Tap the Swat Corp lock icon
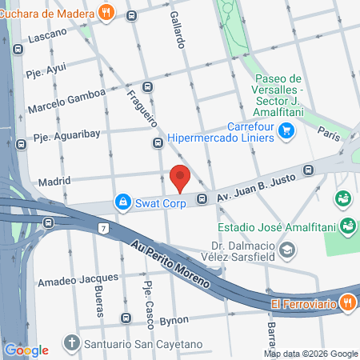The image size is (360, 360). pyautogui.click(x=122, y=203)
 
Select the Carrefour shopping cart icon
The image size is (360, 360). pyautogui.click(x=286, y=138)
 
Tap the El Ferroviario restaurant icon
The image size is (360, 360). pyautogui.click(x=346, y=302)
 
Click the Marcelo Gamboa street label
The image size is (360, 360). pyautogui.click(x=66, y=100)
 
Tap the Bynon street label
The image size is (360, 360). pyautogui.click(x=173, y=320)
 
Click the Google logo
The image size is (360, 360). pyautogui.click(x=26, y=350)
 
